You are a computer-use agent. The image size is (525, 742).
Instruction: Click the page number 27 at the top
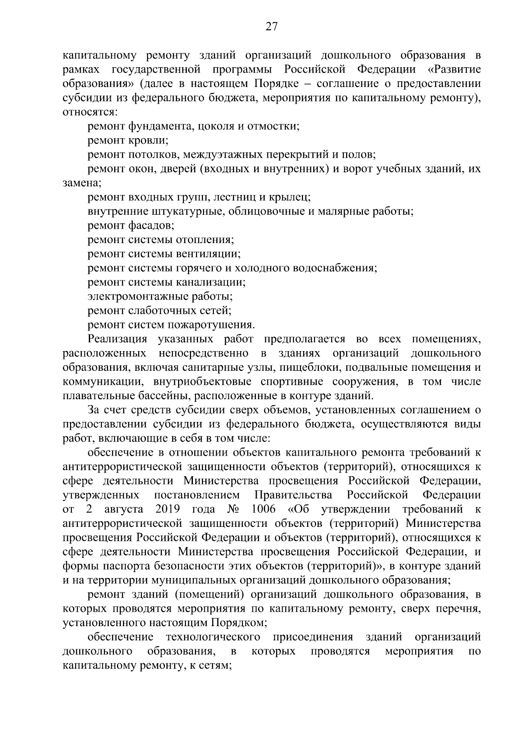272,28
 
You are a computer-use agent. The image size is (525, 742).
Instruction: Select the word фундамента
161,127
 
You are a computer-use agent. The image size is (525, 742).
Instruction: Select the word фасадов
151,226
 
